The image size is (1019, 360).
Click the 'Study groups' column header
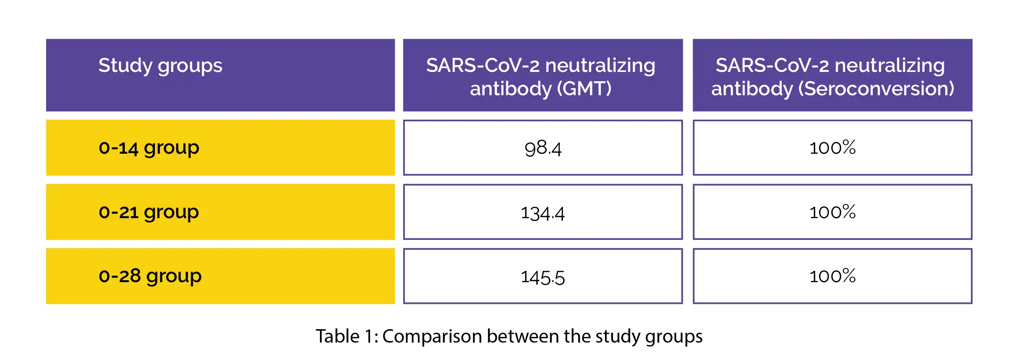160,66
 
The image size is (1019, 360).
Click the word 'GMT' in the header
584,89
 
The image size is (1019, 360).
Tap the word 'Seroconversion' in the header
876,89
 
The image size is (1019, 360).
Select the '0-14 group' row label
149,148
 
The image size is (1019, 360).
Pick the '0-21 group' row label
149,213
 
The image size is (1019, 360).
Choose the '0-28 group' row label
150,276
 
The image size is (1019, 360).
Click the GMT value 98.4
543,148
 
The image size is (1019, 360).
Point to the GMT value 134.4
543,213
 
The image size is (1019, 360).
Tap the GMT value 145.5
543,277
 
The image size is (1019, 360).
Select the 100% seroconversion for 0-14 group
832,148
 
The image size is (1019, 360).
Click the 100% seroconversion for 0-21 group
832,213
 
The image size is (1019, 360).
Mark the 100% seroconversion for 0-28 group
832,276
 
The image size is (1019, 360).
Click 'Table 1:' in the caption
346,336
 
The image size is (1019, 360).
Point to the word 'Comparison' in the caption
432,337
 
